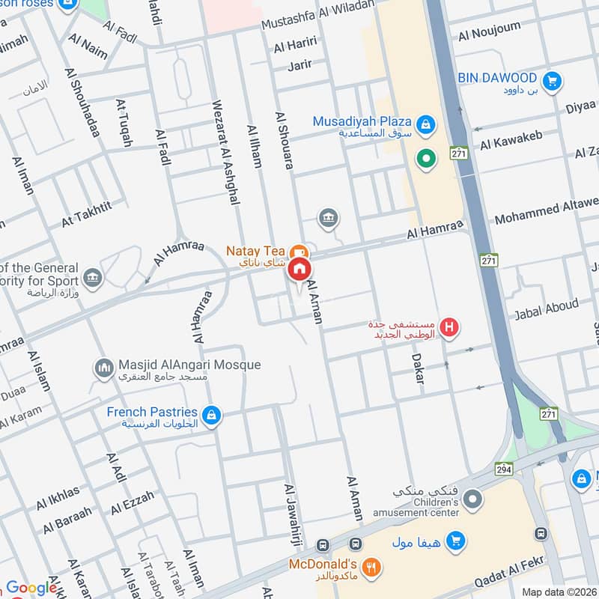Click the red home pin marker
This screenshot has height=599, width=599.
pos(300,269)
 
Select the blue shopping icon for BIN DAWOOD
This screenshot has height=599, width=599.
pos(553,79)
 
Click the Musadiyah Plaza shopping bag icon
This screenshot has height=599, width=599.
pos(425,124)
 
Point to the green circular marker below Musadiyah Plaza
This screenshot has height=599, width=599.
pos(426,159)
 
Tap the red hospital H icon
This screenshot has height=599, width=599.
pos(449,326)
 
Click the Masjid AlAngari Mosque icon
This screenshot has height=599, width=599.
pos(103,368)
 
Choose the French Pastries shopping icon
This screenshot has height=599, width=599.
pos(212,414)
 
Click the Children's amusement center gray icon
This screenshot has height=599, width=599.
pos(472,498)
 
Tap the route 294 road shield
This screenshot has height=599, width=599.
pos(502,468)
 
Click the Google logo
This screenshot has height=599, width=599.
pos(31,588)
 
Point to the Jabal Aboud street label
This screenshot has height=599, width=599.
pos(546,308)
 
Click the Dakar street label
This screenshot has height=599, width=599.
pos(418,369)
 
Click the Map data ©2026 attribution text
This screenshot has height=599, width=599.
pos(558,592)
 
